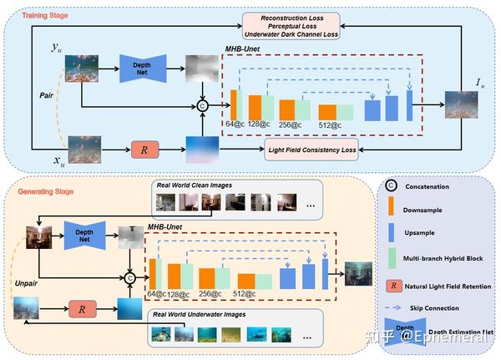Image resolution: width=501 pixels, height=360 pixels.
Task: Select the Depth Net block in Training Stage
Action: click(x=144, y=69)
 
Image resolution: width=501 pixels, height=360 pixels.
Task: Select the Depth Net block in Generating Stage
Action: click(x=83, y=237)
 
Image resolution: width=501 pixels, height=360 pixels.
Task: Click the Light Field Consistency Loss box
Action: click(x=311, y=151)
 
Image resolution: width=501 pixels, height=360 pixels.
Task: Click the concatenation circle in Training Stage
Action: click(x=201, y=105)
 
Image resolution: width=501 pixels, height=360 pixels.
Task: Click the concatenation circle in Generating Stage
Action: click(x=129, y=277)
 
